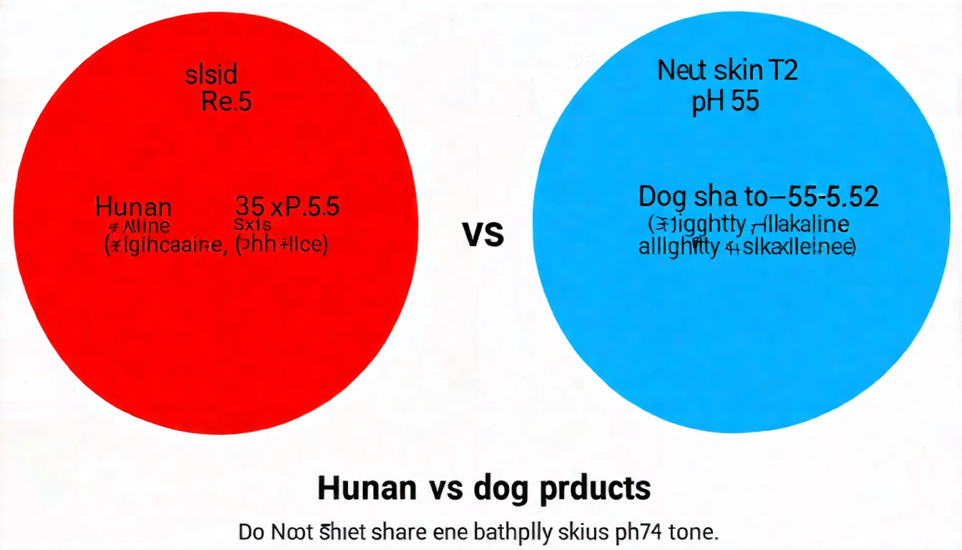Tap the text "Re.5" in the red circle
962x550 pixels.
[x=226, y=102]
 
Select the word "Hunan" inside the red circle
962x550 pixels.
[x=133, y=208]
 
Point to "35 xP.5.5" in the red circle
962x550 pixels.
[x=287, y=208]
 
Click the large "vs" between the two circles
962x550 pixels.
[x=484, y=234]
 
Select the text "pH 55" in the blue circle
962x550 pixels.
[x=725, y=101]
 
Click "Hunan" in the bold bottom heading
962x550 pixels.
[x=366, y=488]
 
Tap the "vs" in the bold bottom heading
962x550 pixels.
[x=445, y=488]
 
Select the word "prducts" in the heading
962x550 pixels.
[x=598, y=488]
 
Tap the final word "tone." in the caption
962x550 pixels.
[x=691, y=533]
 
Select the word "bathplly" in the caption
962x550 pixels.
[x=512, y=533]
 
